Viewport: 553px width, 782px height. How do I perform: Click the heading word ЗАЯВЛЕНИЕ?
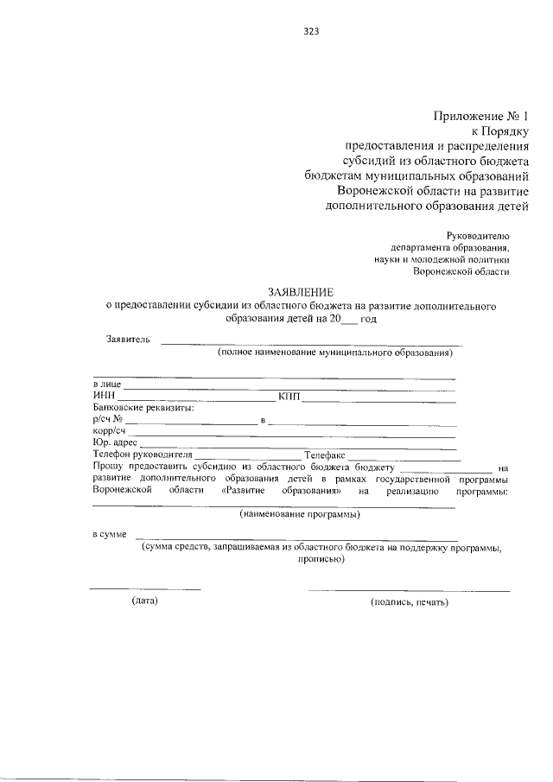click(299, 292)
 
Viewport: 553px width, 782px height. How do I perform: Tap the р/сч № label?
click(108, 421)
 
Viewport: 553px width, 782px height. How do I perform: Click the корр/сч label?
click(110, 432)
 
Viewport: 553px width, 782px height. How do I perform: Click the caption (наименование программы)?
click(300, 514)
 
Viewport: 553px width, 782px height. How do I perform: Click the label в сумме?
click(111, 536)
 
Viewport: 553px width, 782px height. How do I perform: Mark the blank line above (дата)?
click(145, 589)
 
